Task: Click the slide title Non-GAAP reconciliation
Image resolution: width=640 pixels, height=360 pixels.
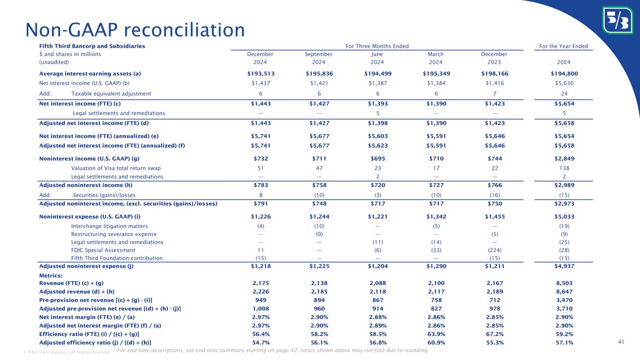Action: pyautogui.click(x=135, y=30)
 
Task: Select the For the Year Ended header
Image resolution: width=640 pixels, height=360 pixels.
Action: pyautogui.click(x=564, y=46)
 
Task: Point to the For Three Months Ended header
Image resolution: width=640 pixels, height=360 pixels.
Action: pyautogui.click(x=377, y=46)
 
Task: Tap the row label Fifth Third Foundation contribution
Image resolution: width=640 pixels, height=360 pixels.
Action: pyautogui.click(x=117, y=258)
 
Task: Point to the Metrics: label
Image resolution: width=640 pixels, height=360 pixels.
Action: pyautogui.click(x=51, y=276)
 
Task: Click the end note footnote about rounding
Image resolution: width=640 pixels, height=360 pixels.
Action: pyautogui.click(x=272, y=351)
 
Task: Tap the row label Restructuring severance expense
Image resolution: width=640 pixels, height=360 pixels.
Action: pyautogui.click(x=113, y=234)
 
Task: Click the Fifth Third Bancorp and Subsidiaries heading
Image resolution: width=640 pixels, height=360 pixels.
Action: pyautogui.click(x=92, y=46)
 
